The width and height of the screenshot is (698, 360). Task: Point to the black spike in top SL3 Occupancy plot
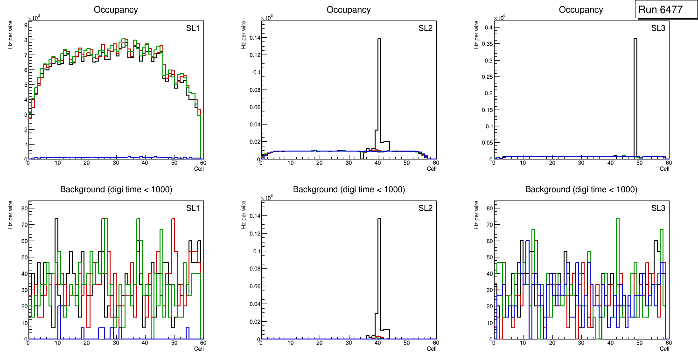(x=635, y=93)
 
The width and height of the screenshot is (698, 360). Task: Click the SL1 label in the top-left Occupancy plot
(x=193, y=28)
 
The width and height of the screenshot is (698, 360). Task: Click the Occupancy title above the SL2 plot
(x=349, y=10)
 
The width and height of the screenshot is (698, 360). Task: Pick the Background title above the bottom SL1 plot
(x=116, y=189)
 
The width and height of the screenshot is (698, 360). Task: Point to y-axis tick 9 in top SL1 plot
(x=24, y=25)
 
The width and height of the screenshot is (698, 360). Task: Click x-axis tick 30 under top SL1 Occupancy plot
(x=116, y=163)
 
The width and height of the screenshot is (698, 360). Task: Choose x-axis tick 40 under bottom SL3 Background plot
(x=610, y=343)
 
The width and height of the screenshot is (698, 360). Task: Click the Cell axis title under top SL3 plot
(x=664, y=169)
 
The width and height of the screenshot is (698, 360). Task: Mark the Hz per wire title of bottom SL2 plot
(x=243, y=214)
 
